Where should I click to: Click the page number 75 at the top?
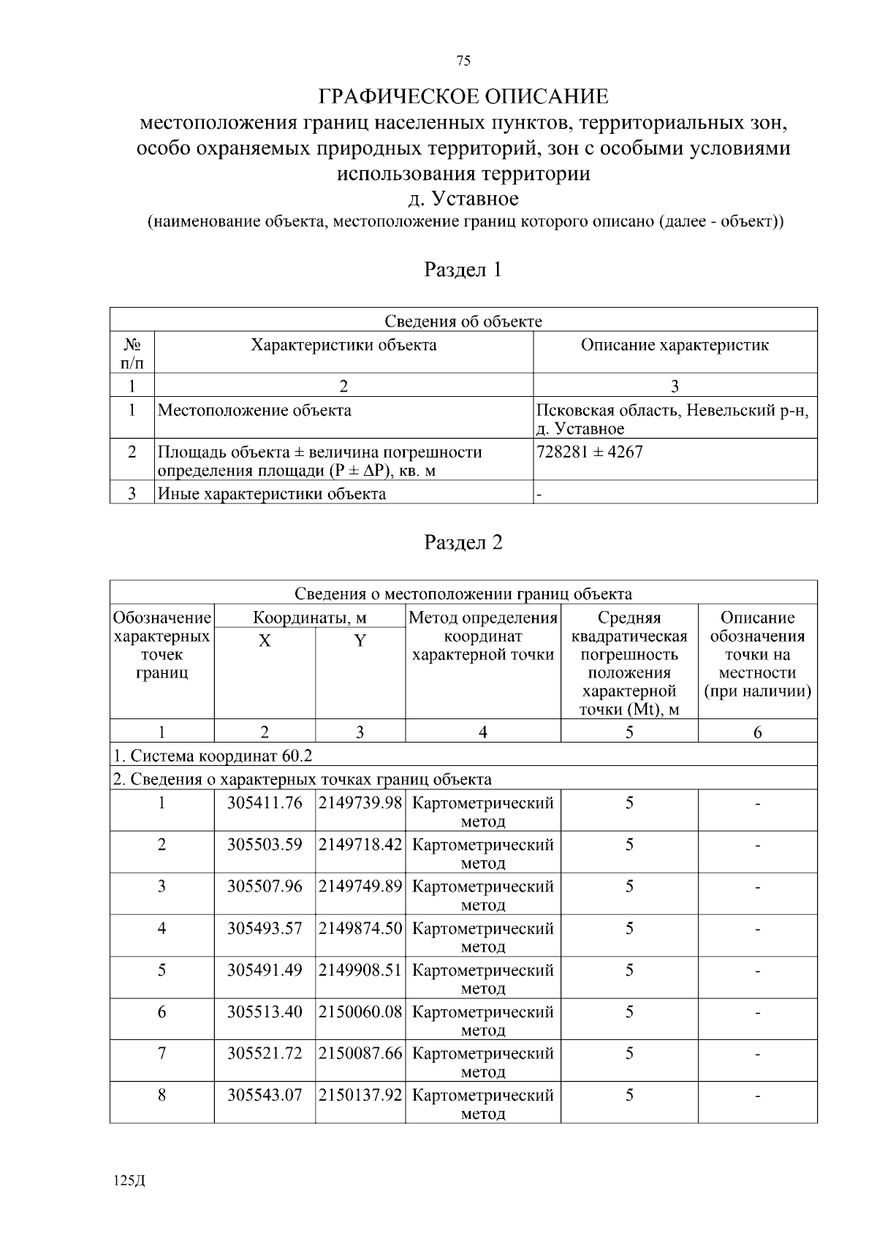click(463, 61)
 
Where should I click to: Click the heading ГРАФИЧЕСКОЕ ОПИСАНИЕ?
click(463, 96)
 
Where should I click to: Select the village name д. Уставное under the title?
click(463, 199)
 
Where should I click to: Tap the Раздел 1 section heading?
click(463, 270)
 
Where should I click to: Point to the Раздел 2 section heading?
click(463, 542)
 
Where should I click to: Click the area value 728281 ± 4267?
click(590, 452)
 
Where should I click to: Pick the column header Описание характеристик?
click(675, 345)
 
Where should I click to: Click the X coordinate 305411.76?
click(265, 803)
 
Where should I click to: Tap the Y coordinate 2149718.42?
click(361, 845)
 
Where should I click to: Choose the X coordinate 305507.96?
click(265, 887)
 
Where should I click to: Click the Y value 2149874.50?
click(361, 929)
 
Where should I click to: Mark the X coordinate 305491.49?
click(265, 971)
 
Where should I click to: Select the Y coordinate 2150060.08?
click(361, 1012)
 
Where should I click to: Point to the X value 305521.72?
click(265, 1054)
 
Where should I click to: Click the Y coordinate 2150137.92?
click(361, 1096)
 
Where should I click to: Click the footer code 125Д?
click(130, 1182)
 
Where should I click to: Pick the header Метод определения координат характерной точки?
click(483, 637)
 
